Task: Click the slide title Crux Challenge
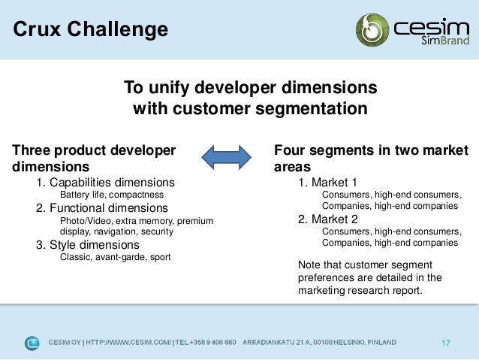click(x=90, y=30)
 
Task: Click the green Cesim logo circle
click(x=372, y=29)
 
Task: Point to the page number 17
click(x=446, y=343)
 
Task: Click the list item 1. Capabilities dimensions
click(x=105, y=183)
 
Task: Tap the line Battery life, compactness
click(x=111, y=195)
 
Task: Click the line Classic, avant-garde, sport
click(x=115, y=257)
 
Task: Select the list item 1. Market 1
click(x=327, y=183)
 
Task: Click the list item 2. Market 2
click(x=327, y=219)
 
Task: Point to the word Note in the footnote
click(x=309, y=265)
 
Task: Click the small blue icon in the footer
click(x=32, y=343)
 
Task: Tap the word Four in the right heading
click(x=291, y=150)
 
